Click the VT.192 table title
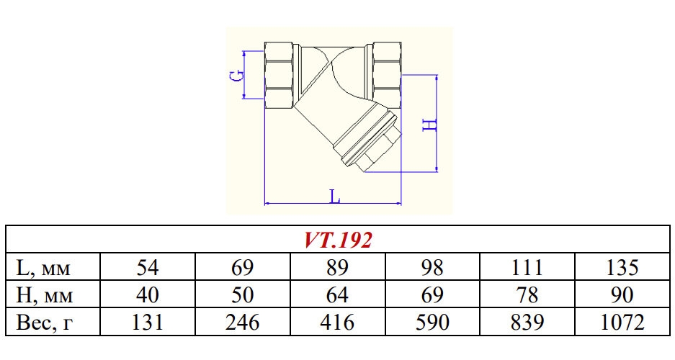point(337,240)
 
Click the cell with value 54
point(148,268)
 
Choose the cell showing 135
point(622,268)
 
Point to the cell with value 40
point(148,295)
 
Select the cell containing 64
point(337,295)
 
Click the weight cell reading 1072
point(622,323)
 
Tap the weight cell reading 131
point(148,323)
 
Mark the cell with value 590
point(432,323)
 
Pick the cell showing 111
point(527,268)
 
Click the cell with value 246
point(243,323)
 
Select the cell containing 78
point(527,295)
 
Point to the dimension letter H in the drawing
point(429,124)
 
